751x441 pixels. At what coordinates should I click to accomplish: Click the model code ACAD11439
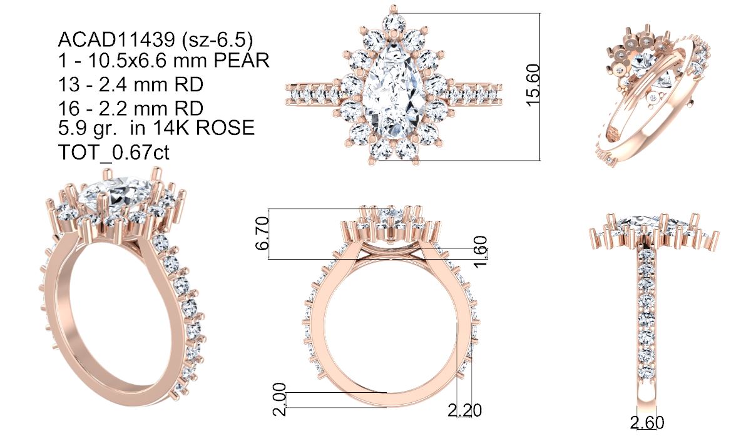116,40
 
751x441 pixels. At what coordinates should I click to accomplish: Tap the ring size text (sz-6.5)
217,40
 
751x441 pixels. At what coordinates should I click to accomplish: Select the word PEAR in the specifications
242,61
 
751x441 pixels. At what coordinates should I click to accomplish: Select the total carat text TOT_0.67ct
114,153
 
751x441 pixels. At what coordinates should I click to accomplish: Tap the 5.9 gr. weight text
88,128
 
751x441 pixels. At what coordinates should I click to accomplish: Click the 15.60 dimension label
533,86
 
